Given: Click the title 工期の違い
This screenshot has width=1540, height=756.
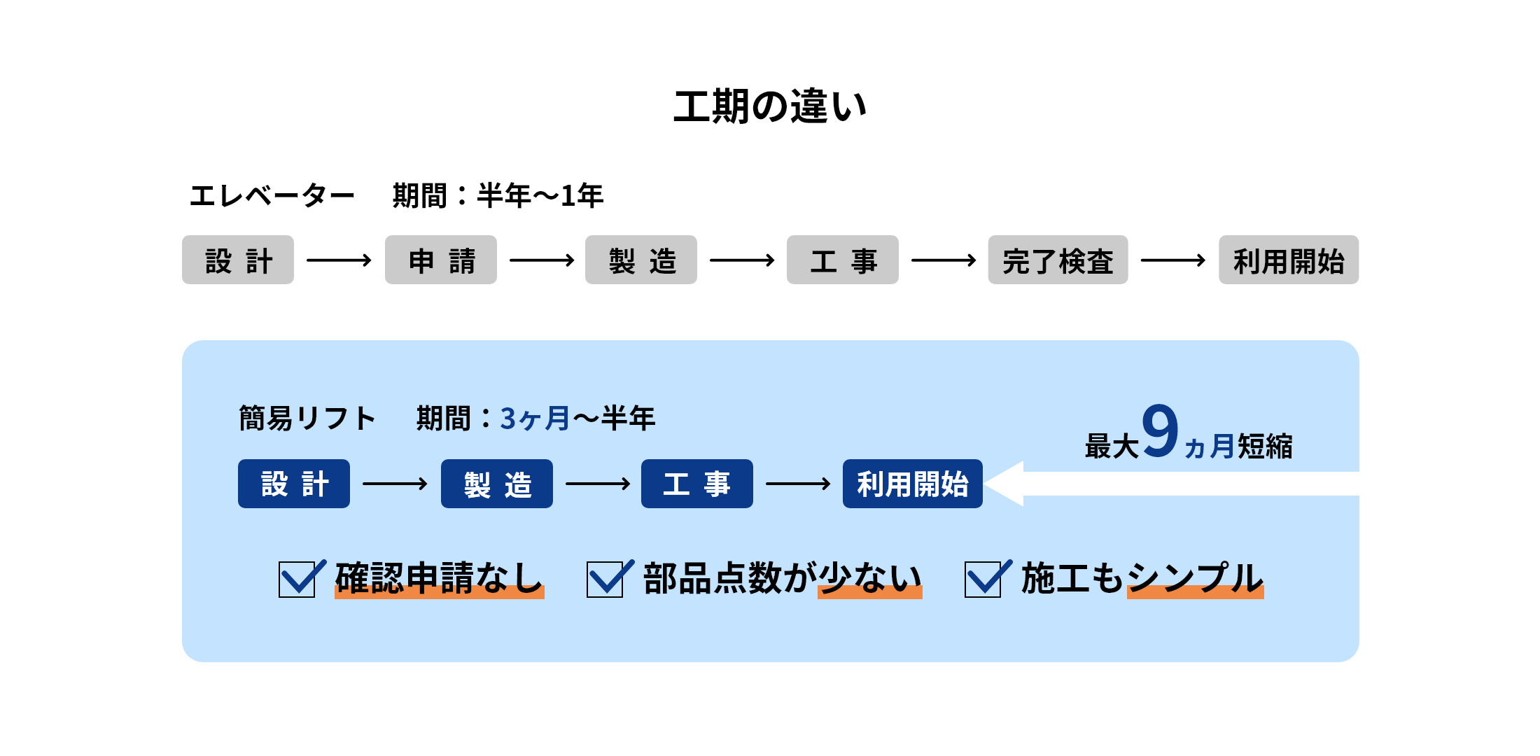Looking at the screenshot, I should (x=770, y=107).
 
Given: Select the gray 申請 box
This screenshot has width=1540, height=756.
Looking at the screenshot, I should (x=441, y=260).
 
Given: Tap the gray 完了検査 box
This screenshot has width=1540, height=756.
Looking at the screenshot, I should (x=1058, y=260).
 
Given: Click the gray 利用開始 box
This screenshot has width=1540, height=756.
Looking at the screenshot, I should (x=1288, y=260).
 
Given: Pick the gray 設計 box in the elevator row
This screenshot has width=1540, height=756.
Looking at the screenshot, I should (x=238, y=260).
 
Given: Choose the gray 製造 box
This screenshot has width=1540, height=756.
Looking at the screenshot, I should (x=641, y=260).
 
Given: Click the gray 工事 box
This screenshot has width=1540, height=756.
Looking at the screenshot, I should (x=843, y=260).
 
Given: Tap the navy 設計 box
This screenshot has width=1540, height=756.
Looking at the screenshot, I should (x=294, y=484).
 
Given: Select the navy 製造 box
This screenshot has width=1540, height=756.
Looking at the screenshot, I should (x=497, y=484).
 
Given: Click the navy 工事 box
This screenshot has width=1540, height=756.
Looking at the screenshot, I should (x=697, y=484).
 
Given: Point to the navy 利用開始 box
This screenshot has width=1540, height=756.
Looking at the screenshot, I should (x=913, y=484).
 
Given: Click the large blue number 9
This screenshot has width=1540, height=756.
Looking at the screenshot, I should (x=1160, y=431).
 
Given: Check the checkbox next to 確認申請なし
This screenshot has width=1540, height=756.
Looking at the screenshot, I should (x=297, y=580).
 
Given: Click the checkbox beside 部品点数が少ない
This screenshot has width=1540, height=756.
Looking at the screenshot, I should (x=605, y=580).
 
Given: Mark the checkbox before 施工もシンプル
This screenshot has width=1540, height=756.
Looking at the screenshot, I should (x=983, y=580).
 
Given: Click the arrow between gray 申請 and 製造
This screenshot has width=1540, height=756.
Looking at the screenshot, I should (x=541, y=260).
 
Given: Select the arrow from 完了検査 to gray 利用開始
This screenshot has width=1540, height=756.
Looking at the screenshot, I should (x=1173, y=260).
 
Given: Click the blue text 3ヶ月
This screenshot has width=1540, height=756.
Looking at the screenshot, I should (x=535, y=419).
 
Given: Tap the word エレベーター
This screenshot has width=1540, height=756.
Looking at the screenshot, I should (x=272, y=196).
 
